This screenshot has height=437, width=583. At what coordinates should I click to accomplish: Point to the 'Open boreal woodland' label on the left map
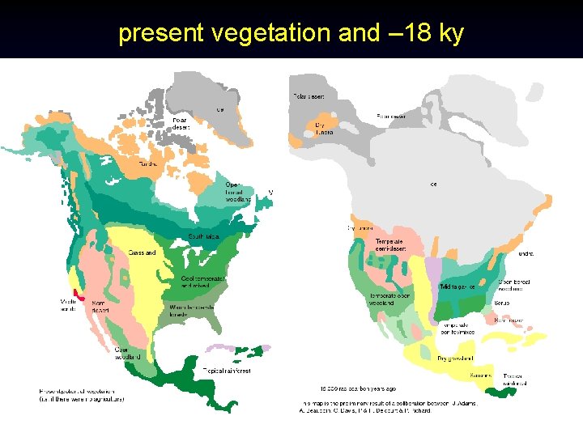tap(233, 191)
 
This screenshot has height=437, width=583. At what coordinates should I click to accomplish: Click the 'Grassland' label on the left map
tap(142, 252)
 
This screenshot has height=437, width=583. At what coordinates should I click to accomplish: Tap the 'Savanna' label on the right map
tap(480, 376)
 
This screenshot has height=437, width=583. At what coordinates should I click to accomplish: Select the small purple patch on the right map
tap(434, 269)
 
